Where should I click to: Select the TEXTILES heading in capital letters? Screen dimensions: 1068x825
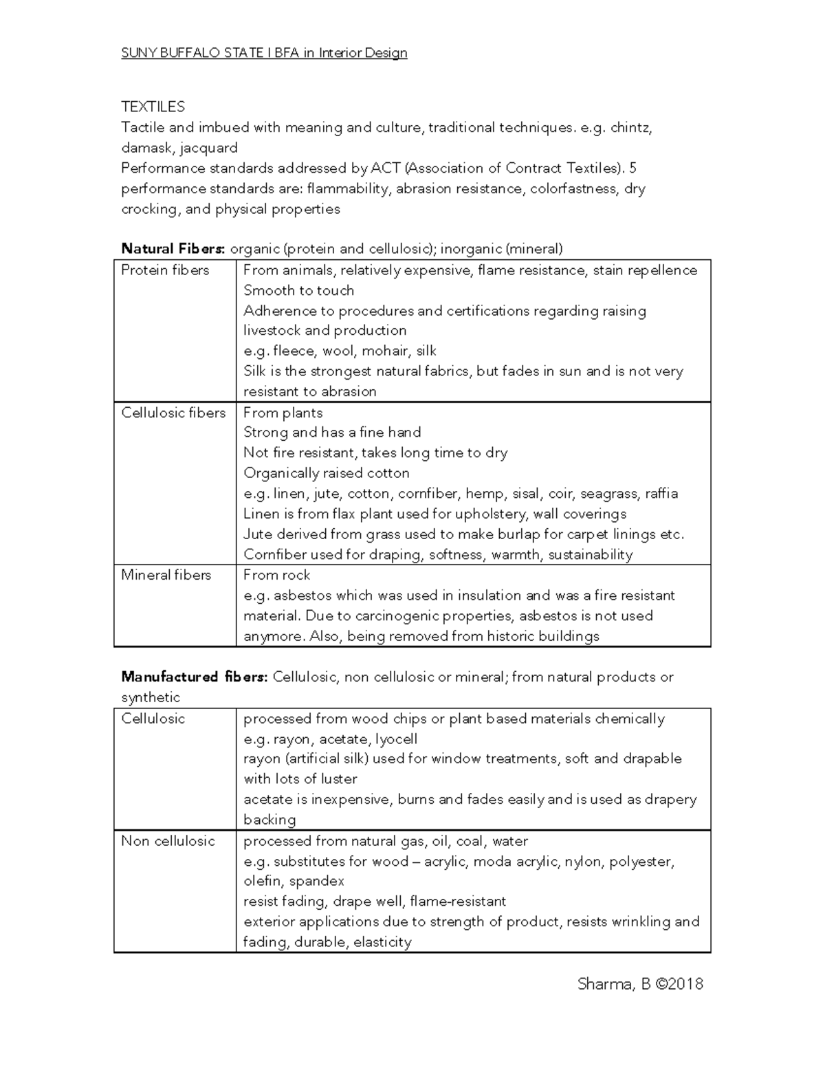click(153, 107)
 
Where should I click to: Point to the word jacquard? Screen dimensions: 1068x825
click(208, 148)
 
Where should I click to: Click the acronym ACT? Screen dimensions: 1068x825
click(385, 168)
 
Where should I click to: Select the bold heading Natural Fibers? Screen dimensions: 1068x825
click(173, 249)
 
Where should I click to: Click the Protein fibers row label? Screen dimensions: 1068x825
click(165, 270)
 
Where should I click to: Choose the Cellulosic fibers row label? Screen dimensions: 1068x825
click(173, 413)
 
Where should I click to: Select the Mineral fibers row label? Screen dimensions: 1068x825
click(166, 575)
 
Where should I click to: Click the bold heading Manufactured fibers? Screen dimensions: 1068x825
click(194, 677)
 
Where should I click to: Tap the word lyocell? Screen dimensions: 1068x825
click(396, 739)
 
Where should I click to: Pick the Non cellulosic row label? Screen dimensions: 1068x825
click(168, 841)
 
